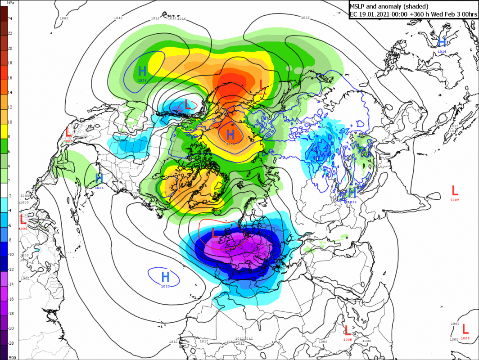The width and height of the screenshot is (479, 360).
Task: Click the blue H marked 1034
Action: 230,134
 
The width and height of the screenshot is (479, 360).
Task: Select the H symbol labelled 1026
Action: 142,71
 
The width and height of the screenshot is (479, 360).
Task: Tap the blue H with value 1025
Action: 165,276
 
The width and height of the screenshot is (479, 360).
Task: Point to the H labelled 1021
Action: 99,179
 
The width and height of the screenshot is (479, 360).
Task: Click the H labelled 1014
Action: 442,42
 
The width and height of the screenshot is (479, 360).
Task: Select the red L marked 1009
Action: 455,190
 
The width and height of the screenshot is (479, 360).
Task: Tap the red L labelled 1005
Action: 347,330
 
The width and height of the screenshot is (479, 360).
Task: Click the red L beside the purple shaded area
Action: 215,233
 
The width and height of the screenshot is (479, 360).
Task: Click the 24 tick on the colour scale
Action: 10,18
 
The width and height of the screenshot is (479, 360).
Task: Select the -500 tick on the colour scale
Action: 12,357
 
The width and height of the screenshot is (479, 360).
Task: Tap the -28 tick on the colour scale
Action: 10,343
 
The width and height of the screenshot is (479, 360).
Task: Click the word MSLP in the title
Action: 359,6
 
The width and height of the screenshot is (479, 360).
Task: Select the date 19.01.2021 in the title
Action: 376,14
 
